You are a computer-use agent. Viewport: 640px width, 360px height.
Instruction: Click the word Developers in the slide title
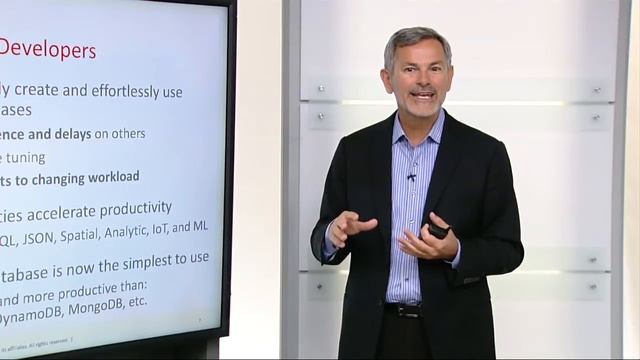point(49,48)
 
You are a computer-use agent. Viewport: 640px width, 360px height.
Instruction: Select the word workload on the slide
point(103,177)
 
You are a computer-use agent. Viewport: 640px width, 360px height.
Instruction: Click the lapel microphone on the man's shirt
point(411,177)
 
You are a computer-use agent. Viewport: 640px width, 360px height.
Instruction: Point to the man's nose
point(420,81)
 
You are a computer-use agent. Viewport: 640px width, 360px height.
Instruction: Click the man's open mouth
point(422,96)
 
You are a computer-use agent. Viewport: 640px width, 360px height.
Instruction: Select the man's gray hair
point(414,40)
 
